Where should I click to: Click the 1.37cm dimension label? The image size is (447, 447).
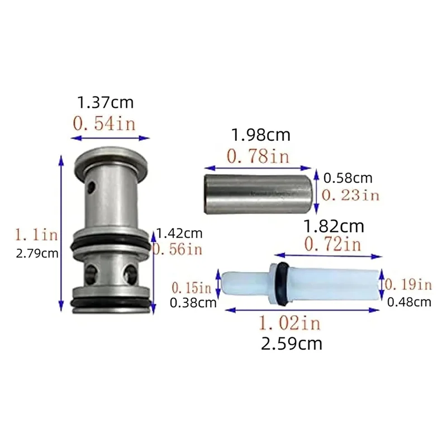[105, 103]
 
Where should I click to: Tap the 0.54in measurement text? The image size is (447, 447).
[104, 123]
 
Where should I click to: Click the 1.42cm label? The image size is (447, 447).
[179, 234]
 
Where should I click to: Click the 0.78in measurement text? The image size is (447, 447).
[258, 156]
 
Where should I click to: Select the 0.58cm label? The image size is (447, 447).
[348, 179]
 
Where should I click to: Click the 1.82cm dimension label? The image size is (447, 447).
[334, 226]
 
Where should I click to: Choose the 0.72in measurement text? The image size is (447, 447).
[334, 244]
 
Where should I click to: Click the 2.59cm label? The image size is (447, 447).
[292, 343]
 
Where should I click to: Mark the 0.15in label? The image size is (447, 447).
[192, 288]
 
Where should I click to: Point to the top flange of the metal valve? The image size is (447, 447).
[112, 156]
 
